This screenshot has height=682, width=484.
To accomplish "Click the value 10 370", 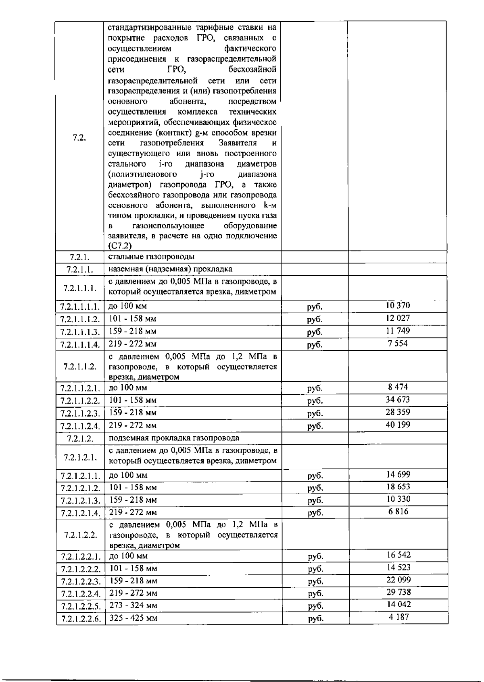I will pyautogui.click(x=398, y=306).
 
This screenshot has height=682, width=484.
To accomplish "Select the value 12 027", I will pyautogui.click(x=398, y=318).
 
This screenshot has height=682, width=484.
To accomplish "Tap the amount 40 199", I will pyautogui.click(x=398, y=425).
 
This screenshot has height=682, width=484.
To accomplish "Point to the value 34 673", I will pyautogui.click(x=398, y=400).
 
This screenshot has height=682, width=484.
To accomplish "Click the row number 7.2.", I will pyautogui.click(x=79, y=138).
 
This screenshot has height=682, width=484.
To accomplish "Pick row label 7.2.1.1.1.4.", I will pyautogui.click(x=80, y=345).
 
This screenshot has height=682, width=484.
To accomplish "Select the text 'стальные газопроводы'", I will pyautogui.click(x=152, y=257).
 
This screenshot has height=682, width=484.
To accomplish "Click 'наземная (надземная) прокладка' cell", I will pyautogui.click(x=170, y=269).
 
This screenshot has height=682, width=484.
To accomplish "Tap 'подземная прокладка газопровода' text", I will pyautogui.click(x=174, y=438).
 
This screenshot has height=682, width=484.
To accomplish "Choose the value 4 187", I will pyautogui.click(x=398, y=617).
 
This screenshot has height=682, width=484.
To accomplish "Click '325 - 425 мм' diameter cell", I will pyautogui.click(x=133, y=618).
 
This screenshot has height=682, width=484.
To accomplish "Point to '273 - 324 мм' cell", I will pyautogui.click(x=133, y=605).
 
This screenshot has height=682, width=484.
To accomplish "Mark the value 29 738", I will pyautogui.click(x=398, y=592).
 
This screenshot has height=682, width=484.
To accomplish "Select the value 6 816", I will pyautogui.click(x=398, y=512).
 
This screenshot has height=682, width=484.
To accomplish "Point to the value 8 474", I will pyautogui.click(x=398, y=387).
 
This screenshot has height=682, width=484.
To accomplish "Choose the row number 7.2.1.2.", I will pyautogui.click(x=80, y=439).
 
